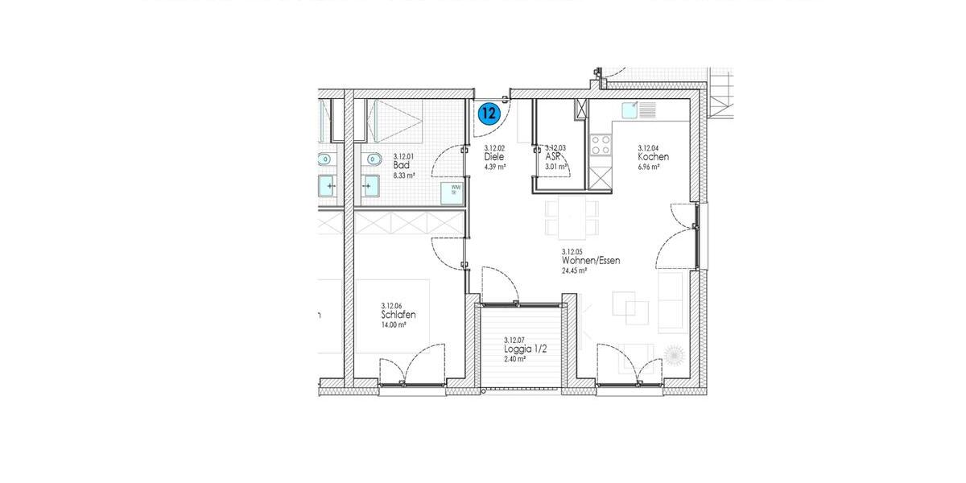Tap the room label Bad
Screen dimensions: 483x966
(x=402, y=165)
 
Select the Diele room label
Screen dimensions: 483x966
(x=493, y=157)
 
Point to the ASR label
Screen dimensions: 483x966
(x=552, y=157)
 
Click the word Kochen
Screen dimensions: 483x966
(x=653, y=157)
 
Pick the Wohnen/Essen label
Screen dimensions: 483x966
(x=591, y=261)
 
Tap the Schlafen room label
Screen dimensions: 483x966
(x=398, y=316)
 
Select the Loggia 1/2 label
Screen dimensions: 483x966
(x=521, y=349)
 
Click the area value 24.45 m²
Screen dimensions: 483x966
(x=574, y=271)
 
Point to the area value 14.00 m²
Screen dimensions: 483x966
(x=394, y=325)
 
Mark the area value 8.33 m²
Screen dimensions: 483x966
(x=403, y=175)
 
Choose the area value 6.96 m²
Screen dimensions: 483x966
(x=649, y=167)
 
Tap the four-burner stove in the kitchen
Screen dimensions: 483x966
(x=601, y=144)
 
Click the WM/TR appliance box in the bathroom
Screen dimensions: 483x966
(x=452, y=192)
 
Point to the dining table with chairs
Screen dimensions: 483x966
(x=572, y=218)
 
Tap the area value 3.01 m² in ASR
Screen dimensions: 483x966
(x=556, y=167)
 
